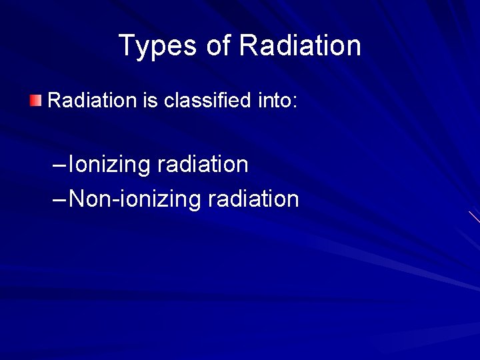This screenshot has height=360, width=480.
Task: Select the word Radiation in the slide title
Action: pos(300,47)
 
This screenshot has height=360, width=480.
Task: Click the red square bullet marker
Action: pos(35,101)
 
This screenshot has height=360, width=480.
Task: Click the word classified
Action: pos(207,101)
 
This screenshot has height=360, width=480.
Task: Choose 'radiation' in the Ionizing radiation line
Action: pos(203,165)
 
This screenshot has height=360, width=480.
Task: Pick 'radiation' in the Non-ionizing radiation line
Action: pos(253,199)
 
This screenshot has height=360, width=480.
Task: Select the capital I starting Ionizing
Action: pos(72,164)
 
